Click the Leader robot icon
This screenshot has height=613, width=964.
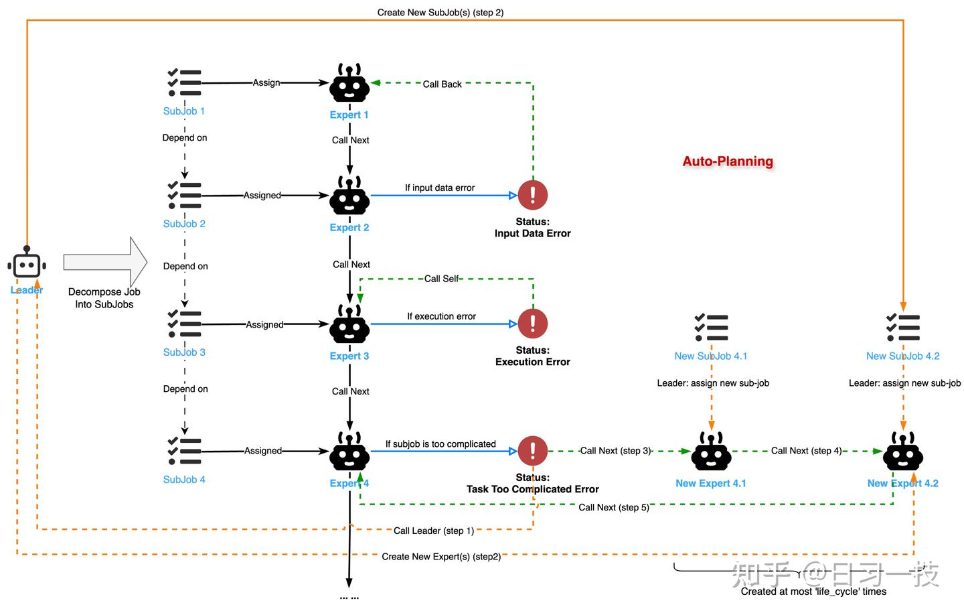(x=27, y=262)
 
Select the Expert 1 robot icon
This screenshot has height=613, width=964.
(x=349, y=82)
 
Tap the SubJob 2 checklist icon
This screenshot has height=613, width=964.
(x=184, y=195)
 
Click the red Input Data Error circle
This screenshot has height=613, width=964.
(x=533, y=195)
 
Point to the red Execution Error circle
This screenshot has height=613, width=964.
(x=533, y=324)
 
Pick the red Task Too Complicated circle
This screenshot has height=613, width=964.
(x=533, y=451)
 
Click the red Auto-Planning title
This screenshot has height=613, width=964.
(x=728, y=161)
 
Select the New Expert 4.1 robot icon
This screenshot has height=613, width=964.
(x=711, y=451)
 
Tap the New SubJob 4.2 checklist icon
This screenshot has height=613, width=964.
(x=903, y=328)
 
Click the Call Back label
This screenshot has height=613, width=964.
(x=442, y=84)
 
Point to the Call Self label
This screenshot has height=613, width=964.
(x=442, y=279)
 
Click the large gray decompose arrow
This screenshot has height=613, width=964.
(x=106, y=262)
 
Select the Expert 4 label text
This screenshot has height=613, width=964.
(x=349, y=483)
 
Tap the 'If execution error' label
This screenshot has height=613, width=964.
(x=442, y=316)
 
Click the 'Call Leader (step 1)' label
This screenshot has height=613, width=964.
(x=434, y=531)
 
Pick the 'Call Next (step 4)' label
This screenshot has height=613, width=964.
(x=806, y=451)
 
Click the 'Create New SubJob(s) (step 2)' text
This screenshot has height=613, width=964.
(x=440, y=13)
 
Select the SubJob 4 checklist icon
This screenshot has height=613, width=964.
(x=184, y=451)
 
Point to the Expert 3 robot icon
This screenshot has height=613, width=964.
(x=349, y=324)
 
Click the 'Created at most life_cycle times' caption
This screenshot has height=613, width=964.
(x=813, y=592)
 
